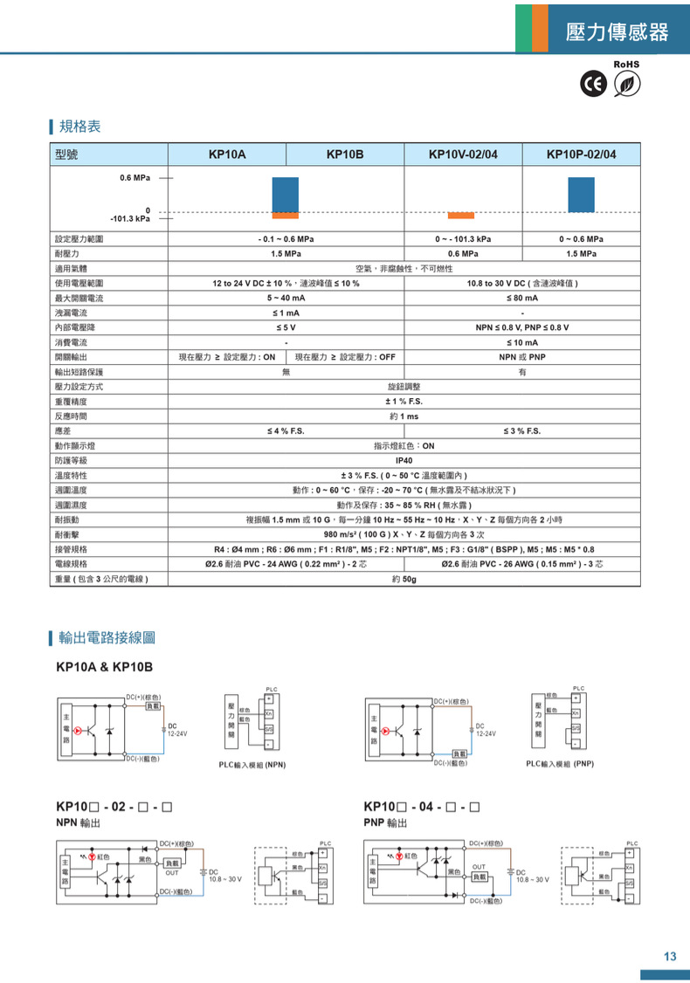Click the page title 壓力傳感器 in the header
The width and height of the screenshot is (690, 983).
pos(617,32)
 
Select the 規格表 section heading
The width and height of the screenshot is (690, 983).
pos(79,127)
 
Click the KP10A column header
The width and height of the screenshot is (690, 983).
pos(227,155)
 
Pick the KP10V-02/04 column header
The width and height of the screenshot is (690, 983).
pos(463,155)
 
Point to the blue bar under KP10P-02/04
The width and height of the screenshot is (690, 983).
pos(581,196)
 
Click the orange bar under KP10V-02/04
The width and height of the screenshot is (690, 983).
pos(460,215)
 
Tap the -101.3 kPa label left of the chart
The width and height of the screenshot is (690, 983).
pos(129,218)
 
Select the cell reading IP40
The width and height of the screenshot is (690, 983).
pos(404,460)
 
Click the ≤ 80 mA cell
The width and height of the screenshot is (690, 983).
pos(522,298)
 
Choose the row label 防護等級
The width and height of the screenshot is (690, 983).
pos(71,460)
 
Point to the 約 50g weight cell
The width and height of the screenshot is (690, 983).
pos(404,579)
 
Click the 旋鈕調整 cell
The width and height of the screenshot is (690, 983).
pos(404,386)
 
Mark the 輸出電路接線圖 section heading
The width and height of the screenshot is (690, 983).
pos(107,638)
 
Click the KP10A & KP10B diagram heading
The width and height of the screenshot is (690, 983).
pos(104,667)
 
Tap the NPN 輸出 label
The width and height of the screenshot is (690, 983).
pos(78,822)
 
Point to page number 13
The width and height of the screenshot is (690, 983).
pos(670,957)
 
